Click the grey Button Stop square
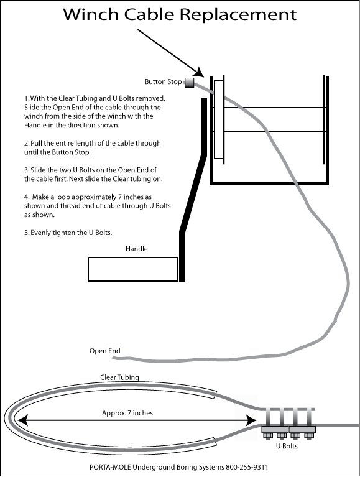pos(190,83)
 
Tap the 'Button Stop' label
pos(163,82)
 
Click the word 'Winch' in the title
pos(91,14)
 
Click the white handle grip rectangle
pos(132,269)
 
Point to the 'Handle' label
pos(137,249)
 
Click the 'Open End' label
pos(105,351)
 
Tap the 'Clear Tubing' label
pos(119,377)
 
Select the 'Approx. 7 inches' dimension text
pos(127,413)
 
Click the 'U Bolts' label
pos(287,446)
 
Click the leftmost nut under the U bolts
pos(267,436)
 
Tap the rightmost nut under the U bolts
pos(309,436)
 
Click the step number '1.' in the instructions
pos(27,98)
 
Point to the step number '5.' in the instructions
pos(27,233)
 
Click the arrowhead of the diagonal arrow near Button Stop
pos(198,72)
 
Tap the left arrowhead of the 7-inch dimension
pos(22,421)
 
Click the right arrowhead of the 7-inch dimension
pos(251,421)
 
